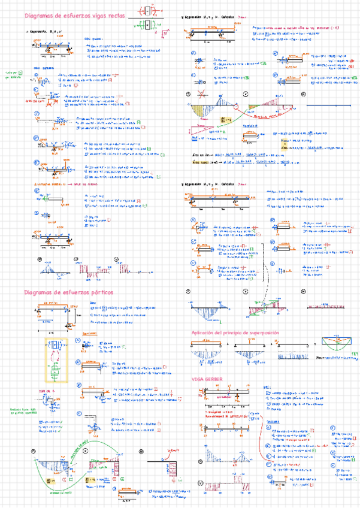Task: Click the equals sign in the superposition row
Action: click(314, 344)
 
